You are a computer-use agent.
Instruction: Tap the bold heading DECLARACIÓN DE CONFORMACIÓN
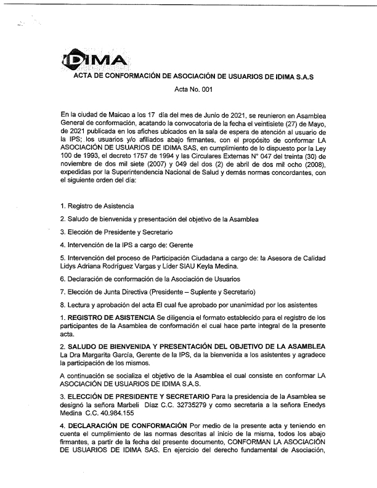[126, 426]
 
